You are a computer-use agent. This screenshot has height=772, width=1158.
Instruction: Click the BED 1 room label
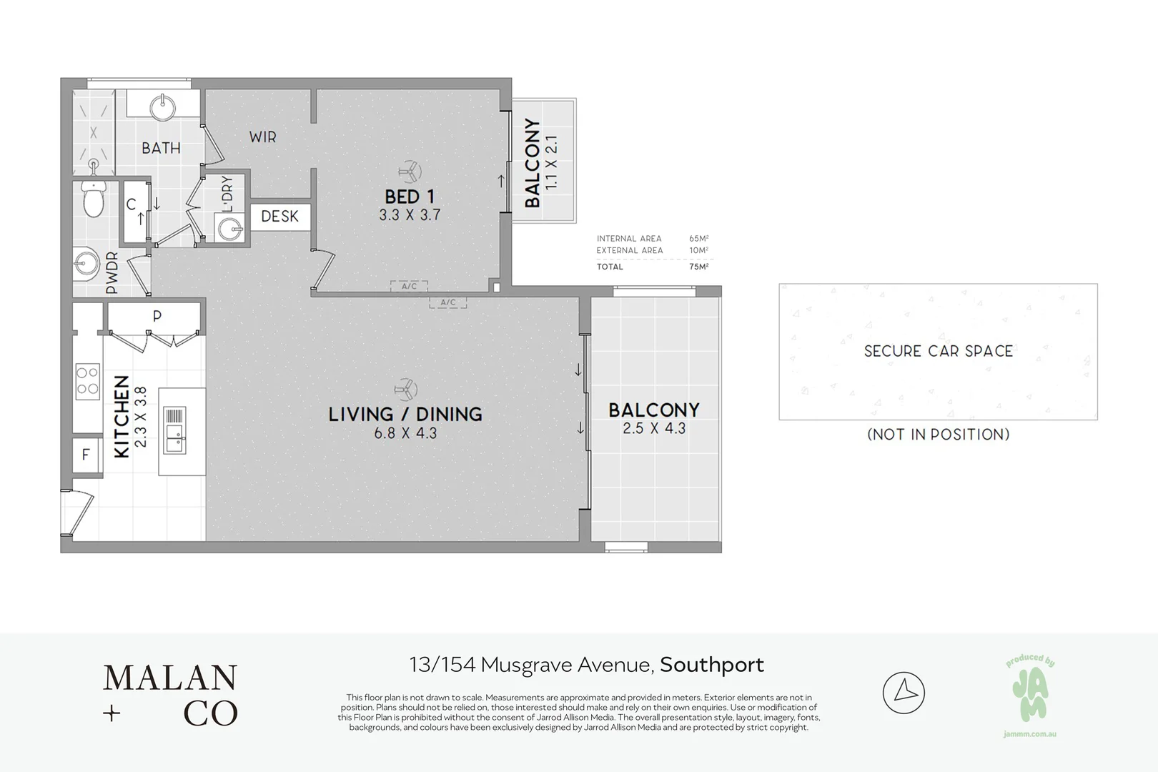pyautogui.click(x=409, y=197)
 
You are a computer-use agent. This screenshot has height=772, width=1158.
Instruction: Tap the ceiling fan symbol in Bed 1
pyautogui.click(x=410, y=172)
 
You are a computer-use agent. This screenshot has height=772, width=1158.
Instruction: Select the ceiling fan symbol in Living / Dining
pyautogui.click(x=405, y=390)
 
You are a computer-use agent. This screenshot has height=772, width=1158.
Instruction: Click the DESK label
pyautogui.click(x=279, y=216)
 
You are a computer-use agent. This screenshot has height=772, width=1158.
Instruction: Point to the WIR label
pyautogui.click(x=262, y=137)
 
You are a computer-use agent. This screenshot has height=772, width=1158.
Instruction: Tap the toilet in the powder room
pyautogui.click(x=94, y=199)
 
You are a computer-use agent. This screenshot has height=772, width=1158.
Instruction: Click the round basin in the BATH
pyautogui.click(x=164, y=107)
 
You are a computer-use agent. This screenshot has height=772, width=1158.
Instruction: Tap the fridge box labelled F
pyautogui.click(x=86, y=454)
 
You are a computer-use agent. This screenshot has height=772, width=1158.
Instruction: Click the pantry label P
pyautogui.click(x=157, y=316)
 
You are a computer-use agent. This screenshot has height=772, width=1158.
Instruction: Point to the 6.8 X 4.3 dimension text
pyautogui.click(x=405, y=433)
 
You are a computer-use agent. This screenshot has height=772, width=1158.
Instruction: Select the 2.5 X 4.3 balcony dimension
pyautogui.click(x=653, y=428)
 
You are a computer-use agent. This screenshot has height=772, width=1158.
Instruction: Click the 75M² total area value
pyautogui.click(x=698, y=267)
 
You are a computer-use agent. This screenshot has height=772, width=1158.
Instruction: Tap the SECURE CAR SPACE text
pyautogui.click(x=938, y=351)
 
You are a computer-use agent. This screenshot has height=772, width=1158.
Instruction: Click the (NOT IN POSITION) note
pyautogui.click(x=938, y=434)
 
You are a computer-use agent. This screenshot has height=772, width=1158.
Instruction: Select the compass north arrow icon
pyautogui.click(x=904, y=692)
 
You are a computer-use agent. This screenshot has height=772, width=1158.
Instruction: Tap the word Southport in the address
pyautogui.click(x=712, y=665)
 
